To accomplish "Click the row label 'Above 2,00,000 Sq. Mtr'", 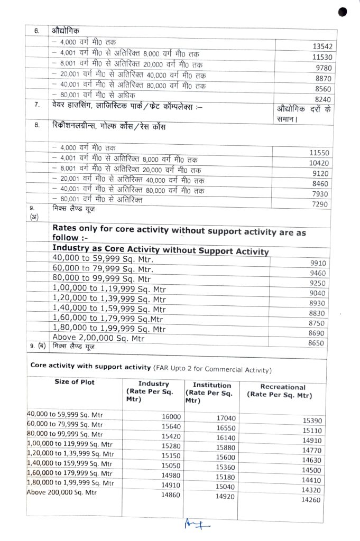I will pos(98,338).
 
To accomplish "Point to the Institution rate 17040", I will pos(226,418).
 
